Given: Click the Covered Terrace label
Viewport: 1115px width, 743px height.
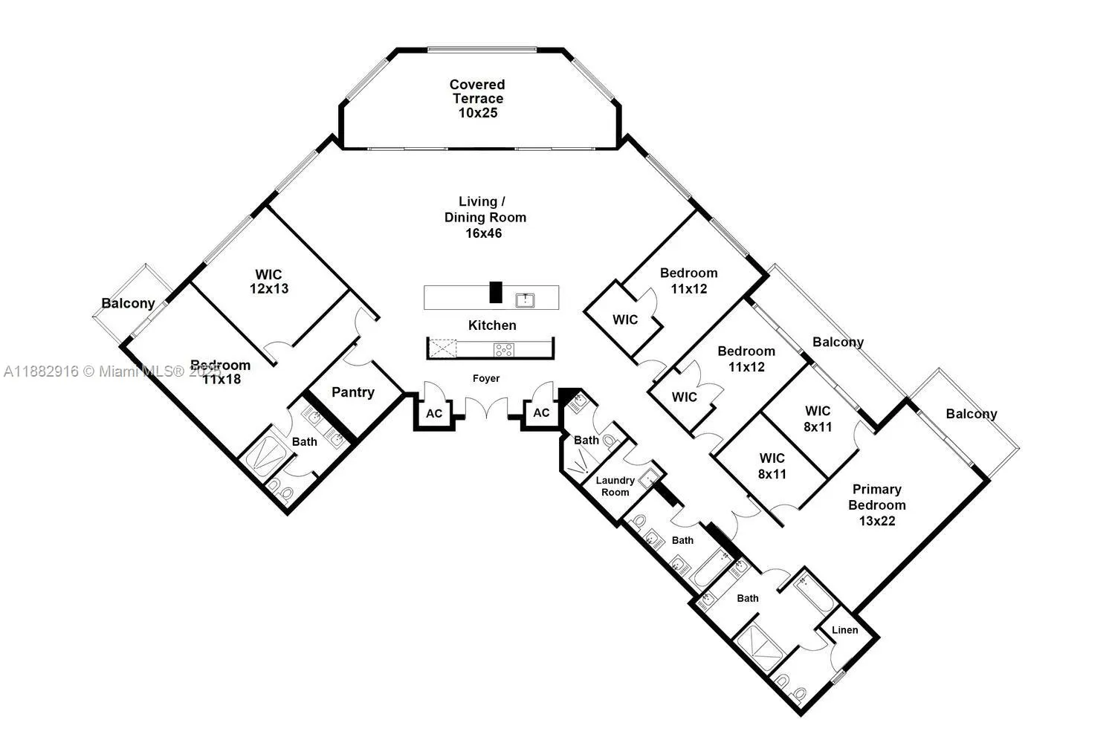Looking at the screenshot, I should (x=477, y=91).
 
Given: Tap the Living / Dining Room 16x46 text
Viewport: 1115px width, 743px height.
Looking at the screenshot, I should (x=485, y=217).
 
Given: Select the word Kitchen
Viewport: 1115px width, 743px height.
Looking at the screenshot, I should (x=492, y=325).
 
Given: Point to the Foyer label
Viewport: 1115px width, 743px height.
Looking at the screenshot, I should (x=486, y=378).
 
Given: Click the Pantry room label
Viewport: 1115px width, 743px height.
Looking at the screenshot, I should (x=353, y=392).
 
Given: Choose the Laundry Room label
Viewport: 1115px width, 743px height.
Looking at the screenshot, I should (x=615, y=487).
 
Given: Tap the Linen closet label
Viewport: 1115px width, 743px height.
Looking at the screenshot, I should (x=844, y=630).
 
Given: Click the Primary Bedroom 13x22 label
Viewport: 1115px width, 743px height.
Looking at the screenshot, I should (x=877, y=504).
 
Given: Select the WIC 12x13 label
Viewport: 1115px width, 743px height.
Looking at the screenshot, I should (x=269, y=282).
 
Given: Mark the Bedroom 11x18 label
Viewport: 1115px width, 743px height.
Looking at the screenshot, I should (x=220, y=371).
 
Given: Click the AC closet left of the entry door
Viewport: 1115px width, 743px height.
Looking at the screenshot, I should (x=434, y=413).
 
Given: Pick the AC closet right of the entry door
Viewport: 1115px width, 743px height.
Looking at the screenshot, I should (x=542, y=413).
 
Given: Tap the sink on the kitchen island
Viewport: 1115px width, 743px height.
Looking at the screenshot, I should (x=526, y=299).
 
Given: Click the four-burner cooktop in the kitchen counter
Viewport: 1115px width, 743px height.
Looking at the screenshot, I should (x=503, y=348).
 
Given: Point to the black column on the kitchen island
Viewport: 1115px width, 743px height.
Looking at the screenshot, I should (x=496, y=292).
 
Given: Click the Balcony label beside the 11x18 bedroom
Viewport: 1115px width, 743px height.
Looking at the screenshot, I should (x=128, y=303).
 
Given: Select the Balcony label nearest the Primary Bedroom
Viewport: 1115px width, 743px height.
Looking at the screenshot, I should (x=972, y=414).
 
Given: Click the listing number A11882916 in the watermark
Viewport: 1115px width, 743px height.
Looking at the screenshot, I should (x=42, y=371).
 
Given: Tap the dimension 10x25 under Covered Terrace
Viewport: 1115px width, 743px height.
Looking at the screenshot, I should (x=477, y=113).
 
